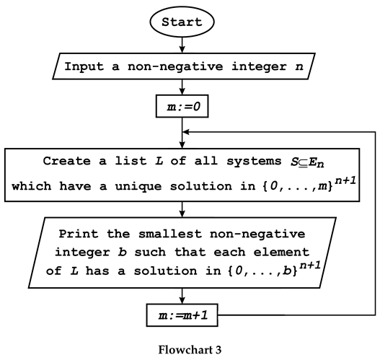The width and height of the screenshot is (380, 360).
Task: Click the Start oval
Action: click(x=182, y=22)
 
